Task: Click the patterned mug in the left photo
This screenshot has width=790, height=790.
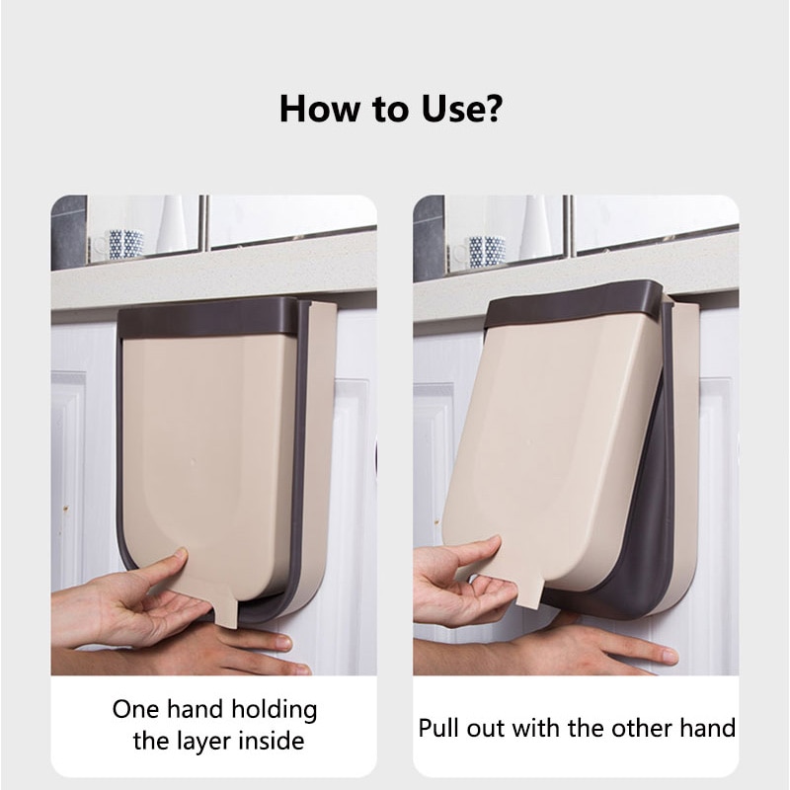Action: (124, 243)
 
